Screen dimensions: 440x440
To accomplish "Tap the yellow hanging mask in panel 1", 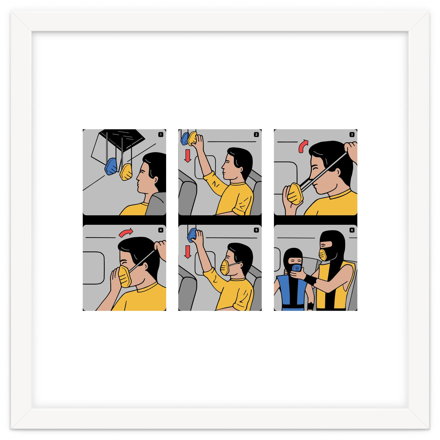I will pos(126,172).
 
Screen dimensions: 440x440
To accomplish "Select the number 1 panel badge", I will pos(161,135).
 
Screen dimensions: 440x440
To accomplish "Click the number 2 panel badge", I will pos(256,135).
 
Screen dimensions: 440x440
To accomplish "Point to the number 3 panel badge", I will pos(352,135).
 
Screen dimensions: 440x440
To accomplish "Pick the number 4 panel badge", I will pos(161,230).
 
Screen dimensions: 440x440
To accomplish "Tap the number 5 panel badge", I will pos(256,230).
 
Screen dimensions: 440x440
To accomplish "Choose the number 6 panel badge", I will pos(352,230).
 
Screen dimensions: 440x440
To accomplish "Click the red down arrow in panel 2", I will pos(188,155).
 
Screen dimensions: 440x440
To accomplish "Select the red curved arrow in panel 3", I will pos(303,146).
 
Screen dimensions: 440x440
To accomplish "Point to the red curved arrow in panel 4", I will pos(126,233).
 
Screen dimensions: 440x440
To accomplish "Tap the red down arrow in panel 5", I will pos(188,252).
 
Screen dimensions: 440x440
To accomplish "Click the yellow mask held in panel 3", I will pos(295,194).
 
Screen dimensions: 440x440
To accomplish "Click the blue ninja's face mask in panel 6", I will pos(296,267).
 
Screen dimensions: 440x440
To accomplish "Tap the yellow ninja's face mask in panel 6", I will pos(323,254).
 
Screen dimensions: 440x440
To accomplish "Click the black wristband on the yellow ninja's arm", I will pos(310,280).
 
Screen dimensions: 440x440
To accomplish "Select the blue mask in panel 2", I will pos(184,139).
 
